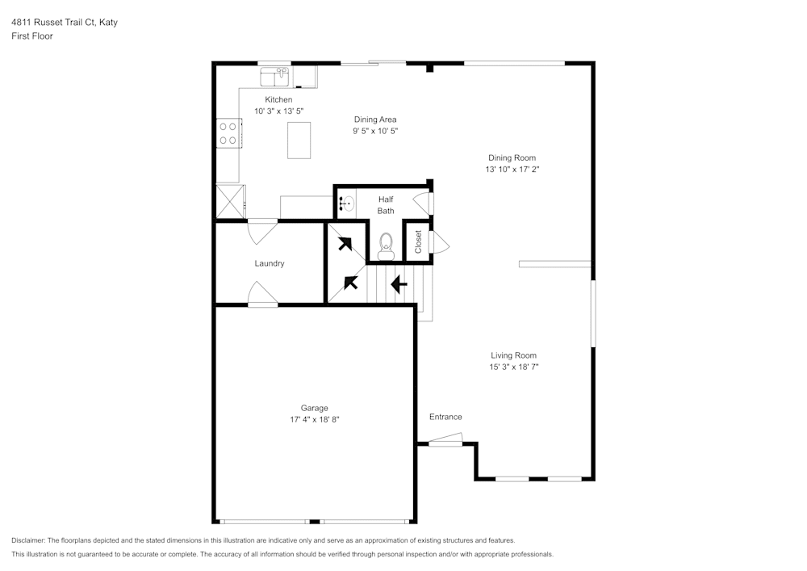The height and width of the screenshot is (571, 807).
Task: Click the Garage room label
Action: (314, 408)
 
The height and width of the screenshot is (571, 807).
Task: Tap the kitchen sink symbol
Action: (275, 78)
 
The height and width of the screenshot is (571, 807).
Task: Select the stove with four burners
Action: (228, 133)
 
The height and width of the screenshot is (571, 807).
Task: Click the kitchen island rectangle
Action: (299, 140)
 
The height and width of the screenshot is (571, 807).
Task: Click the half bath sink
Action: (347, 204)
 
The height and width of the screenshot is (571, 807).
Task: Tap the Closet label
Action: (418, 241)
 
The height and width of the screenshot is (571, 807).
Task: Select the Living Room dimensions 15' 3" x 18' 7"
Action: (513, 367)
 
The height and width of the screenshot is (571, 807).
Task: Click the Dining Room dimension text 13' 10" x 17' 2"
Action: (512, 170)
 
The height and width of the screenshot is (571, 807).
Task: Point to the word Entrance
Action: (445, 417)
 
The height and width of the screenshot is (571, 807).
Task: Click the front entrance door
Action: (445, 440)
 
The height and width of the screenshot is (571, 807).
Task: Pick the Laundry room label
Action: (269, 263)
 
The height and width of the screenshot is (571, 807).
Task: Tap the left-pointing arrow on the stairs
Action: (399, 284)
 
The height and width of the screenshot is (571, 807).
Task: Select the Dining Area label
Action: (375, 120)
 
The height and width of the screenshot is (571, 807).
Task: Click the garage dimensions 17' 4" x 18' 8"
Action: (314, 419)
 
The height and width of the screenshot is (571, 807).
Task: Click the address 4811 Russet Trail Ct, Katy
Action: (65, 23)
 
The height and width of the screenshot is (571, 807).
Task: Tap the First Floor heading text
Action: (32, 36)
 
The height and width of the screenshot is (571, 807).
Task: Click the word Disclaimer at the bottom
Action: (29, 540)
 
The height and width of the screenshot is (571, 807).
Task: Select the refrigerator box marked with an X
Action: (230, 202)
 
